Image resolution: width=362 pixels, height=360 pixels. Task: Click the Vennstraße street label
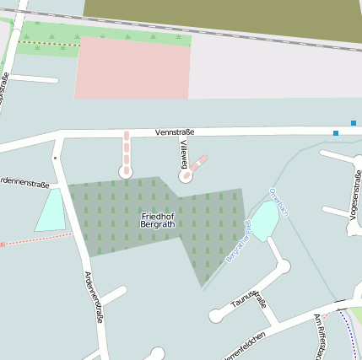175,132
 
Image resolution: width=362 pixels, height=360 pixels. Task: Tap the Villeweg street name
183,153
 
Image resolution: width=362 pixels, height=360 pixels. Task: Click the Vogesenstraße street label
354,196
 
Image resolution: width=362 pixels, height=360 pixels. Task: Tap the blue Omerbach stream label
278,201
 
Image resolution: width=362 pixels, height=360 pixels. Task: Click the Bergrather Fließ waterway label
239,240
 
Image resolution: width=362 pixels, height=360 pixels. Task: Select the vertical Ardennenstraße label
94,297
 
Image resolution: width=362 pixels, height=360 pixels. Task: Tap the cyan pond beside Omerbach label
263,221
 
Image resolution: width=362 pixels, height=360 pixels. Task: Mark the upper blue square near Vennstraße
354,123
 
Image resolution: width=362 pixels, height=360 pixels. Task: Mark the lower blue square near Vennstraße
336,133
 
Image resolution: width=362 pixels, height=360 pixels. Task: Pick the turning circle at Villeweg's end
186,176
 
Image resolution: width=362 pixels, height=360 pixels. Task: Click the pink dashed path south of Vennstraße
127,150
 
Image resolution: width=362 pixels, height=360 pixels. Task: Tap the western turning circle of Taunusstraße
216,316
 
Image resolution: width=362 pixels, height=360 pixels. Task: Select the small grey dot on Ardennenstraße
56,158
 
